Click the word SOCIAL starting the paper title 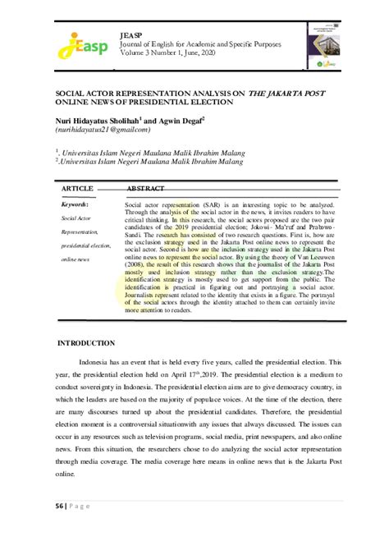coord(73,94)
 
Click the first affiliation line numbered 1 coord(147,152)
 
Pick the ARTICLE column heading coord(77,188)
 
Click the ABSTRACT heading coord(146,188)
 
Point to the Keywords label coord(78,203)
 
